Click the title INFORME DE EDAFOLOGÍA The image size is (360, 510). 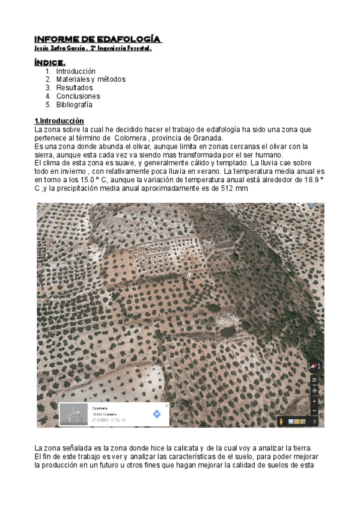tap(98, 40)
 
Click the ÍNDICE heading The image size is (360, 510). tap(50, 62)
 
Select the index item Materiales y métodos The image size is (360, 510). tap(91, 79)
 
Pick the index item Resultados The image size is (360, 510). tap(75, 88)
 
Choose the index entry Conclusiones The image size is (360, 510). tap(78, 96)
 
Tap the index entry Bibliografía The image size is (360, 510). tap(75, 105)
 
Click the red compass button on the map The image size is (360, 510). tap(314, 366)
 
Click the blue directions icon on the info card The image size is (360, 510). tap(157, 414)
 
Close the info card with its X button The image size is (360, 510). tap(167, 406)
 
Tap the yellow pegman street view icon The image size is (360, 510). tap(281, 421)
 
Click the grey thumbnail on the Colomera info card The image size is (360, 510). tap(73, 414)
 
